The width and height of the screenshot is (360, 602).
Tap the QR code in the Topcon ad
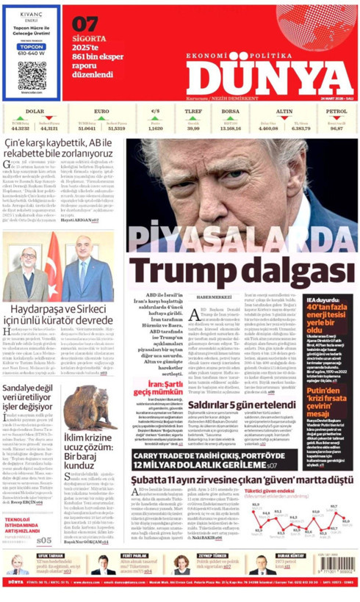coord(27,77)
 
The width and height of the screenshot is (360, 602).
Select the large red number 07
coord(84,23)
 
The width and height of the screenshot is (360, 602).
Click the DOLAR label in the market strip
coord(35,111)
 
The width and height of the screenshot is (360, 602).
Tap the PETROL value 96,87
coord(336,128)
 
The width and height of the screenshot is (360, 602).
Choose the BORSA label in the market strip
coord(230,111)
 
